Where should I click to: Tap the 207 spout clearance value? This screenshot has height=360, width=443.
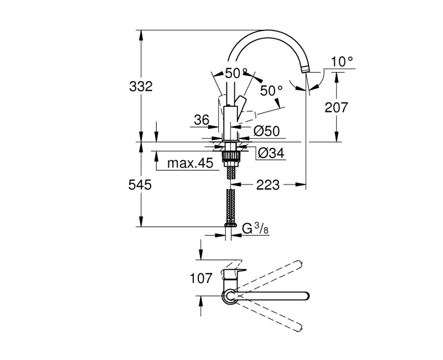336,107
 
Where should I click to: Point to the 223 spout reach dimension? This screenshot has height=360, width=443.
267,184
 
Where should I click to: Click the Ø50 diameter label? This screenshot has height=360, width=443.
266,131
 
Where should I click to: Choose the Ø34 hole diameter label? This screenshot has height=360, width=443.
271,153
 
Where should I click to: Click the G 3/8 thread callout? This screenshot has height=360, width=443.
255,228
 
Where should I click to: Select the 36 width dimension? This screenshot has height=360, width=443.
201,119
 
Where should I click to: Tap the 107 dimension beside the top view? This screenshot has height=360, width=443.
200,279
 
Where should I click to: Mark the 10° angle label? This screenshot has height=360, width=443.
342,61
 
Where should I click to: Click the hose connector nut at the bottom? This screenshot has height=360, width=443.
230,226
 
